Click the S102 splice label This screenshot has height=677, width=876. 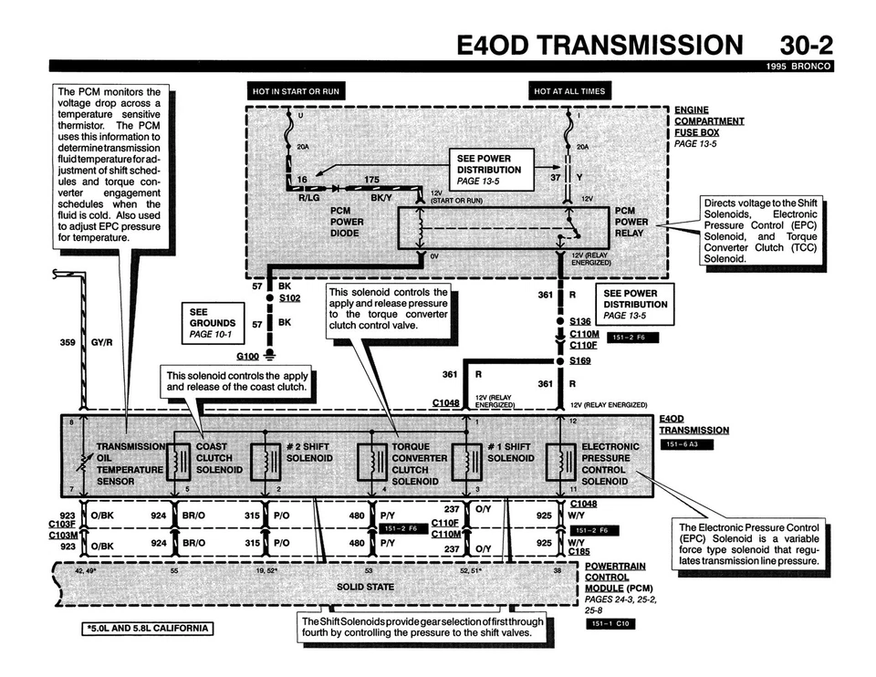click(290, 298)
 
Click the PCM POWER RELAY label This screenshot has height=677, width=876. click(631, 222)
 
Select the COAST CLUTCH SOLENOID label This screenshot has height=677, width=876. click(219, 458)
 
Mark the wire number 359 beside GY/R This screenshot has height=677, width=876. click(67, 344)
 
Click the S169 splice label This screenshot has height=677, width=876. click(580, 361)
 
